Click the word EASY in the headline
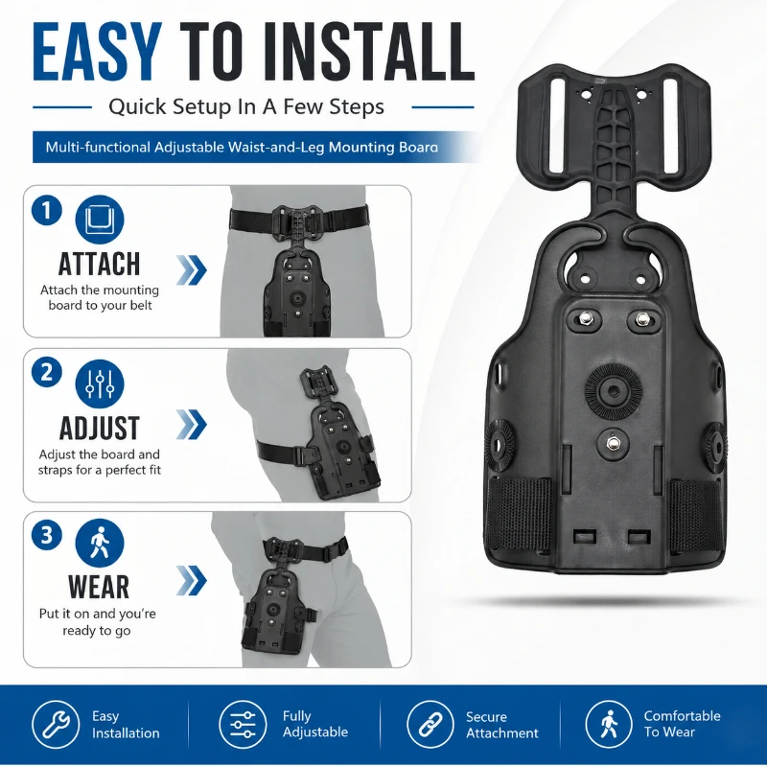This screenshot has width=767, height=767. pyautogui.click(x=97, y=53)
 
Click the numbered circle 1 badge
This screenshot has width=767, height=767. pyautogui.click(x=46, y=211)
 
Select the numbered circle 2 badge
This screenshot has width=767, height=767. pyautogui.click(x=46, y=372)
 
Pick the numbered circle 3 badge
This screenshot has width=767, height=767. pyautogui.click(x=46, y=535)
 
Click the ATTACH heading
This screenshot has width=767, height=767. pyautogui.click(x=100, y=265)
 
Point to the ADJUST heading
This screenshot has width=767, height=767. pyautogui.click(x=100, y=428)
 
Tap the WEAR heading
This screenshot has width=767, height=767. pyautogui.click(x=99, y=587)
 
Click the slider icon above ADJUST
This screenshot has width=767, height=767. pyautogui.click(x=100, y=383)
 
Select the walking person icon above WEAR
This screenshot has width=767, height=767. pyautogui.click(x=100, y=543)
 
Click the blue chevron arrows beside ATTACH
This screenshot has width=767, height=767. pyautogui.click(x=191, y=269)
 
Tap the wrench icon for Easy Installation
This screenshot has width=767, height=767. pyautogui.click(x=56, y=725)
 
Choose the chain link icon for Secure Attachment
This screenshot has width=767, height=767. pyautogui.click(x=430, y=725)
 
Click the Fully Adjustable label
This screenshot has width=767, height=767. pyautogui.click(x=315, y=724)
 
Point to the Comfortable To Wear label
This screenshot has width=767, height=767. pyautogui.click(x=682, y=724)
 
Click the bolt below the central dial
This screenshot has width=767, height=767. pyautogui.click(x=612, y=444)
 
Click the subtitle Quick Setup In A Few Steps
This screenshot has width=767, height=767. pyautogui.click(x=246, y=106)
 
